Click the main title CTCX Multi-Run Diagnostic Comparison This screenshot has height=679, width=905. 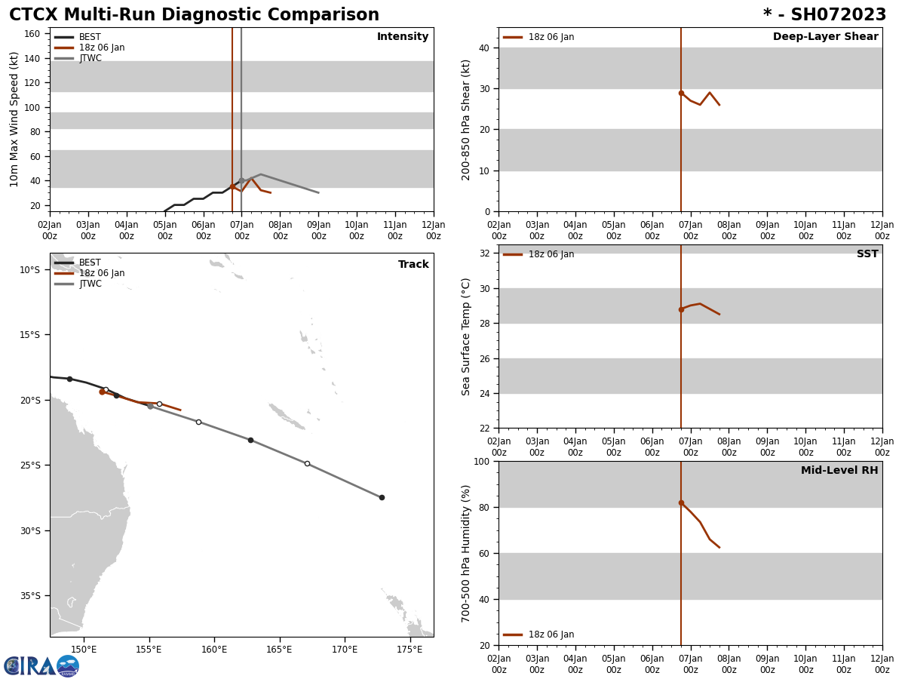tap(194, 15)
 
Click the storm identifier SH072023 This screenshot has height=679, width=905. tap(824, 15)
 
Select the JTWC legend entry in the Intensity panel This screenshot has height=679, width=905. tap(90, 58)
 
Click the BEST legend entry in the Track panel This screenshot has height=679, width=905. tap(90, 263)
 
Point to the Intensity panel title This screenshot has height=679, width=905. tap(403, 37)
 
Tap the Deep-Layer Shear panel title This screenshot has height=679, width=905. tap(825, 37)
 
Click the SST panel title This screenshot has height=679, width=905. tap(867, 254)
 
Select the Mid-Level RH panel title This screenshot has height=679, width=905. tap(839, 471)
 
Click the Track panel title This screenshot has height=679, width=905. tap(413, 265)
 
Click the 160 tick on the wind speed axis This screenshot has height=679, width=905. tap(31, 34)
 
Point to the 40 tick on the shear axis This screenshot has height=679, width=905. tap(483, 48)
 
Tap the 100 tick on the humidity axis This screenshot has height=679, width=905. tap(480, 461)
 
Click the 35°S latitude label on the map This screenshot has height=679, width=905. tap(30, 595)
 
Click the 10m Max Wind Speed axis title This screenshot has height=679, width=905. tap(14, 119)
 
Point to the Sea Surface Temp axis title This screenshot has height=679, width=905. tap(466, 336)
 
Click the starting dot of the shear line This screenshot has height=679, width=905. tap(681, 93)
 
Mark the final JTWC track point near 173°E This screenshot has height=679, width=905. tap(382, 497)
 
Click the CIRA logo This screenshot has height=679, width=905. tap(41, 665)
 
